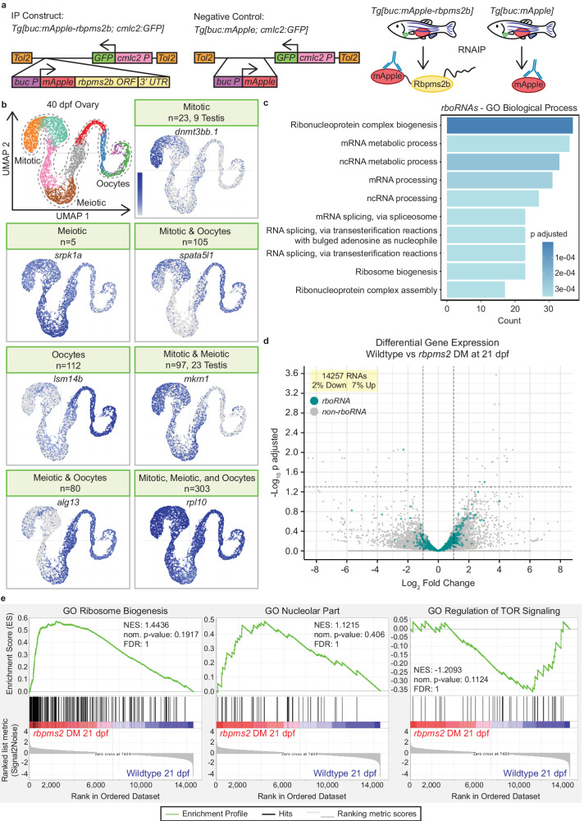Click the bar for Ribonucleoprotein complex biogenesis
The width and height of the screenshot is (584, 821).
pyautogui.click(x=509, y=126)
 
